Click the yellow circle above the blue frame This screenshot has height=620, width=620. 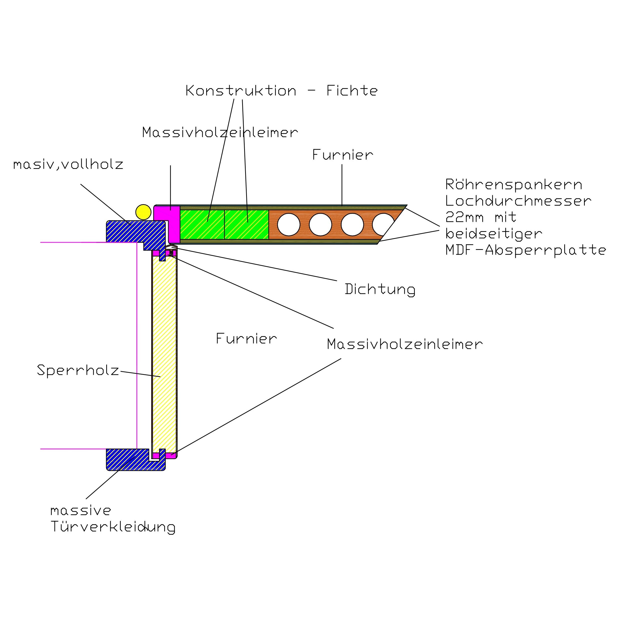click(143, 212)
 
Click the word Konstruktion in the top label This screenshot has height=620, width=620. click(241, 91)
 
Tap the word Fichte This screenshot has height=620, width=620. click(352, 90)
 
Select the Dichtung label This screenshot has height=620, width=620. click(380, 289)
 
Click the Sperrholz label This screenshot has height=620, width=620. click(78, 370)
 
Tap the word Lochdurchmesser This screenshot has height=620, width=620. click(518, 201)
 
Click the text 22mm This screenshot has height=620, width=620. click(464, 217)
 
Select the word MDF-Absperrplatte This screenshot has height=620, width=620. click(526, 250)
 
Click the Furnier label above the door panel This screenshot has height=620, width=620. click(343, 155)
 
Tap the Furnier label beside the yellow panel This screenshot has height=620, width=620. click(246, 339)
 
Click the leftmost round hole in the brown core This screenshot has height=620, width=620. click(288, 224)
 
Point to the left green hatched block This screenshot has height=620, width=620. click(202, 224)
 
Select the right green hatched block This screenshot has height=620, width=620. click(246, 224)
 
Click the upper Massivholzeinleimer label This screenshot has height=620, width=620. click(220, 132)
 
